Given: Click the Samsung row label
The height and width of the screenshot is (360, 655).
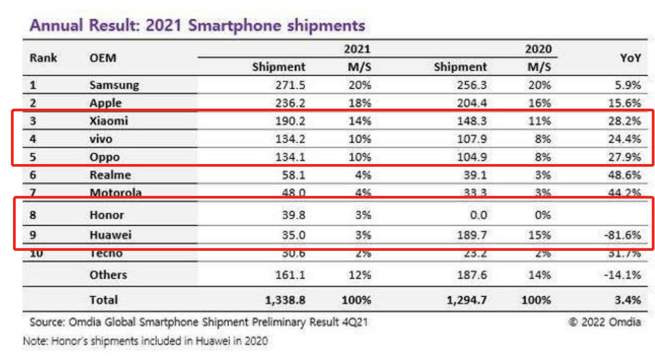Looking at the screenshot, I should click(114, 85).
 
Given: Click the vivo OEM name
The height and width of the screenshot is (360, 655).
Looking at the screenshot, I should click(101, 138).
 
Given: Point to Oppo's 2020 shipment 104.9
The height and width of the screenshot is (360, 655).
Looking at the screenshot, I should click(469, 157).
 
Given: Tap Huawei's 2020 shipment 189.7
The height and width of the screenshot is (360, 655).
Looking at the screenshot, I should click(469, 235).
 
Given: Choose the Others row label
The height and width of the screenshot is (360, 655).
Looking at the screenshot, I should click(108, 275).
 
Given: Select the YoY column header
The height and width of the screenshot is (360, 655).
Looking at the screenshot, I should click(631, 59).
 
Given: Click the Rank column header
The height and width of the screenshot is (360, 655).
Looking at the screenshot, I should click(43, 58).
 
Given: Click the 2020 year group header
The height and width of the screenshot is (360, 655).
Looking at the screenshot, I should click(538, 50).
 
